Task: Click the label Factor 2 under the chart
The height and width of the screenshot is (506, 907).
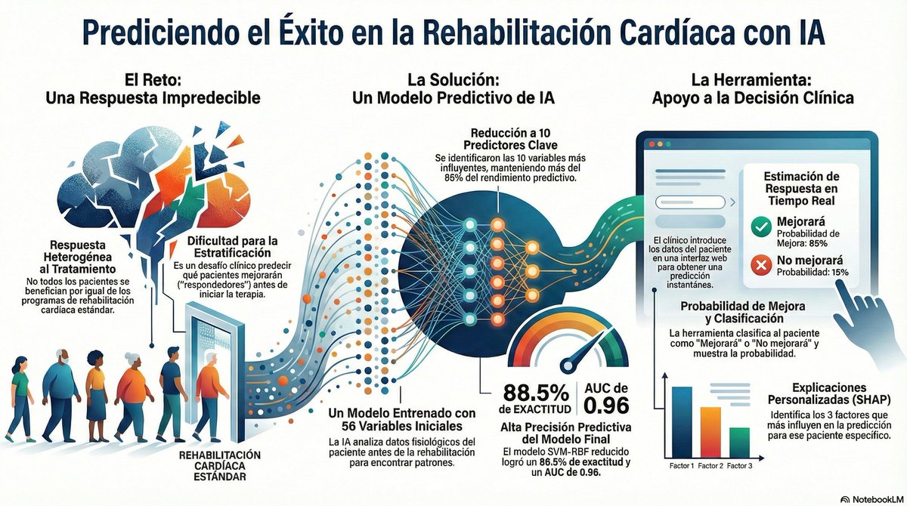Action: (711, 466)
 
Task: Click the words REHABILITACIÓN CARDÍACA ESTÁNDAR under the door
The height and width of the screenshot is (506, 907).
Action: (215, 467)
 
